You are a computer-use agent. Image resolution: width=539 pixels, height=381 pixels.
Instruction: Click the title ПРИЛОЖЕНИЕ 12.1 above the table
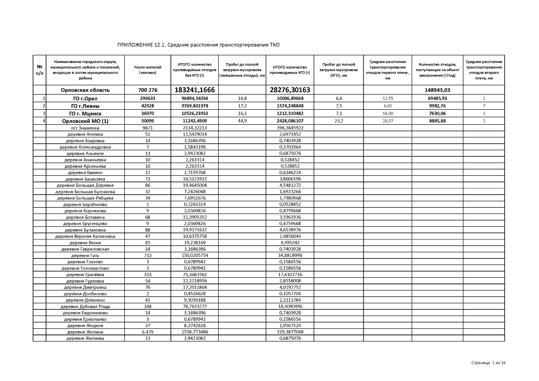click(198, 45)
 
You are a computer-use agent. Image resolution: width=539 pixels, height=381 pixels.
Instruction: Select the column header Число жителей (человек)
click(147, 70)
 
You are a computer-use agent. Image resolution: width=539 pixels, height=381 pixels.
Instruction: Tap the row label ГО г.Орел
click(85, 98)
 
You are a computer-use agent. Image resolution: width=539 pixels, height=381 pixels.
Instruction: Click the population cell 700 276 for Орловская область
click(147, 90)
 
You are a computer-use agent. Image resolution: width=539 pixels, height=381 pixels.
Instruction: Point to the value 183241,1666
click(195, 90)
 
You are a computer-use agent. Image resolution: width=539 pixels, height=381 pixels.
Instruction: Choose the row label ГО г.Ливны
click(85, 106)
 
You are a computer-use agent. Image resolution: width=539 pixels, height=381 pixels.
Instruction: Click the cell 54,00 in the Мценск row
click(387, 113)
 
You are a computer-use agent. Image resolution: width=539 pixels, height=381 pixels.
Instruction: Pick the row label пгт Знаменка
click(85, 128)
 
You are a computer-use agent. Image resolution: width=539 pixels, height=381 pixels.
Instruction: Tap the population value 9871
click(147, 128)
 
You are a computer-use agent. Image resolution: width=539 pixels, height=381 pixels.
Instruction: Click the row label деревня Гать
click(85, 256)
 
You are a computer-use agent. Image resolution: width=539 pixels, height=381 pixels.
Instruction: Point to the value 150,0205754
click(195, 255)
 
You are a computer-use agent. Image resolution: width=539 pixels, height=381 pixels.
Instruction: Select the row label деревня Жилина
click(85, 332)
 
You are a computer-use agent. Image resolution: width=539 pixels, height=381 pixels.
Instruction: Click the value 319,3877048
click(290, 332)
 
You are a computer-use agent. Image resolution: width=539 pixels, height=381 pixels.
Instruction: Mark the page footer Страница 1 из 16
click(488, 363)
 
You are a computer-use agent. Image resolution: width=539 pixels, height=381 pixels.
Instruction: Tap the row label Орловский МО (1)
click(85, 121)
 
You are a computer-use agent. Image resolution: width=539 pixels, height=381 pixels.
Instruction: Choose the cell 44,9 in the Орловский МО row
click(242, 121)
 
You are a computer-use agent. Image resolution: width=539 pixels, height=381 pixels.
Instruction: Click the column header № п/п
click(40, 70)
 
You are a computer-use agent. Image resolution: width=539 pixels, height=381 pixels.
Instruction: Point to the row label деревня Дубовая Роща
click(85, 307)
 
